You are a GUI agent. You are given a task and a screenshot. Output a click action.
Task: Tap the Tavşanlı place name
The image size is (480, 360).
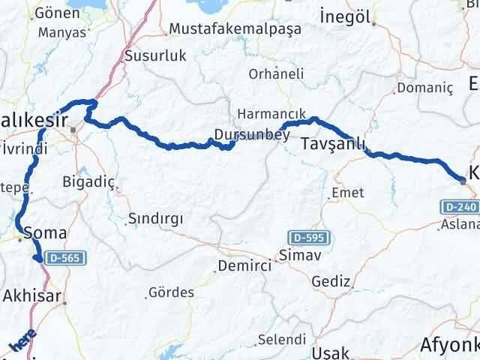tap(334, 144)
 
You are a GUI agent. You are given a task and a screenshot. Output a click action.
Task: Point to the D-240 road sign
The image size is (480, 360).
tap(457, 206)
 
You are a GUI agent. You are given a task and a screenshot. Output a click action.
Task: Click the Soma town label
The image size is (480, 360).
tap(40, 232)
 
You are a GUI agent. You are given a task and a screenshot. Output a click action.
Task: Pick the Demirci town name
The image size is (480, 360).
tap(242, 266)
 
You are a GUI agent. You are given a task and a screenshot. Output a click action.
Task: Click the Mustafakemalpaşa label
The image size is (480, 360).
tap(235, 29)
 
